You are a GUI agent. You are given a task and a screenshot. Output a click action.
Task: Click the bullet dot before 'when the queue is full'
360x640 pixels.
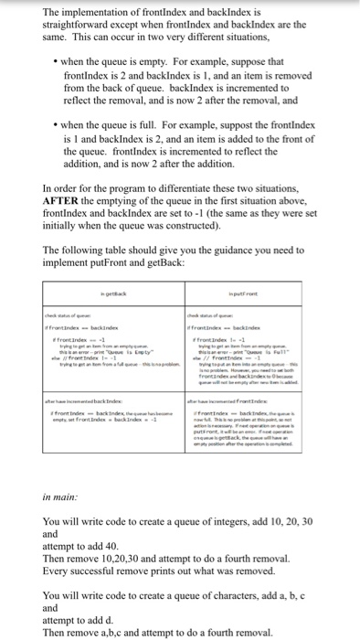tap(58, 135)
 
